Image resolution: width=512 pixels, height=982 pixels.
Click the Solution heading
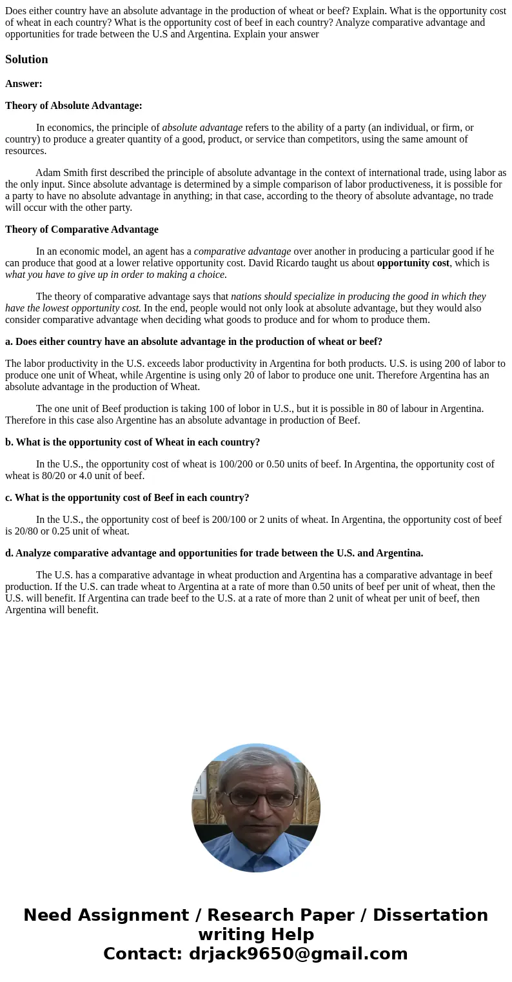click(x=26, y=59)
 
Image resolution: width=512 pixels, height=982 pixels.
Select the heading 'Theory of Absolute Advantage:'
click(x=74, y=106)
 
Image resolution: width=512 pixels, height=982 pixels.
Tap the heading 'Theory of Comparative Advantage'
click(x=81, y=230)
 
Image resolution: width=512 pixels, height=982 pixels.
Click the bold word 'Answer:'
click(x=24, y=84)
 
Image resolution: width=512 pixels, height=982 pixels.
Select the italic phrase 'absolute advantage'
click(x=202, y=128)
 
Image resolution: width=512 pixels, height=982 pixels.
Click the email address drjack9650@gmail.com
click(x=298, y=954)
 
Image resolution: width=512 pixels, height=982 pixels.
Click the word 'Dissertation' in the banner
click(x=430, y=915)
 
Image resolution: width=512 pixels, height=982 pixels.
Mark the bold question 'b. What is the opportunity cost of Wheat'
click(x=132, y=442)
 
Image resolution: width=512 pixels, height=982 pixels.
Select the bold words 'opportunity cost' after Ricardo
click(x=413, y=263)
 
